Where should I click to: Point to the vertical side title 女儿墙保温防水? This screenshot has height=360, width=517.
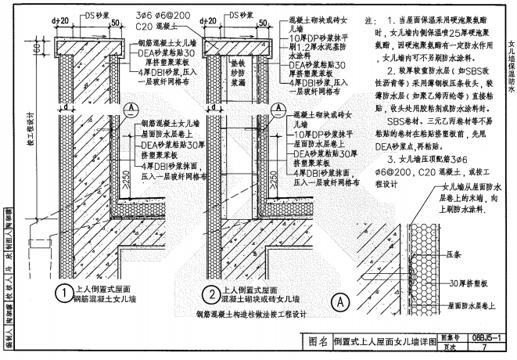(510, 67)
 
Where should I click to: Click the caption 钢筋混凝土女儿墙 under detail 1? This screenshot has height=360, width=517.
(105, 298)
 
